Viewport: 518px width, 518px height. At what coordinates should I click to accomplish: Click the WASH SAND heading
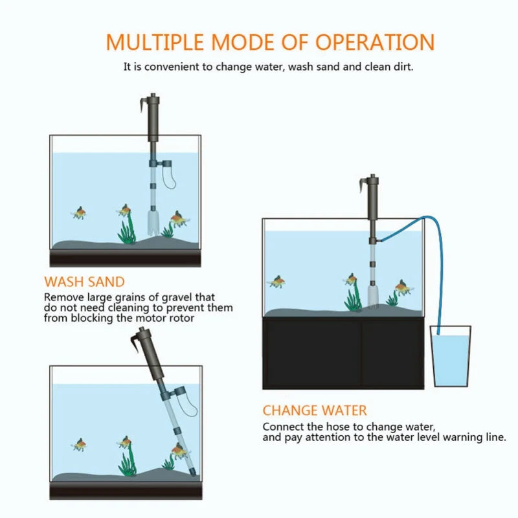point(84,282)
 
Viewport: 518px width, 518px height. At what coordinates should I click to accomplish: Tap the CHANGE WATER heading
point(315,411)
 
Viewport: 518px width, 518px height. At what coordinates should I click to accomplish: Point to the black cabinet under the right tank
point(343,353)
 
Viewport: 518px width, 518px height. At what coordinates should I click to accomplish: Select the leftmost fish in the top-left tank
point(80,213)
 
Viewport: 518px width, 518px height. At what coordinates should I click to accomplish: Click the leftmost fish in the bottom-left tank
point(80,444)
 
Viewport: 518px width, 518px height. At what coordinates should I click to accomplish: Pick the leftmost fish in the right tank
point(277,282)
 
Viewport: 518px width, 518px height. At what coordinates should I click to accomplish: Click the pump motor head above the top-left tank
point(153,117)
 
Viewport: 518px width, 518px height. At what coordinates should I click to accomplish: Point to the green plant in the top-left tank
point(128,230)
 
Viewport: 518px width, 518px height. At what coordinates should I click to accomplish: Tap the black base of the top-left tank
point(126,259)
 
